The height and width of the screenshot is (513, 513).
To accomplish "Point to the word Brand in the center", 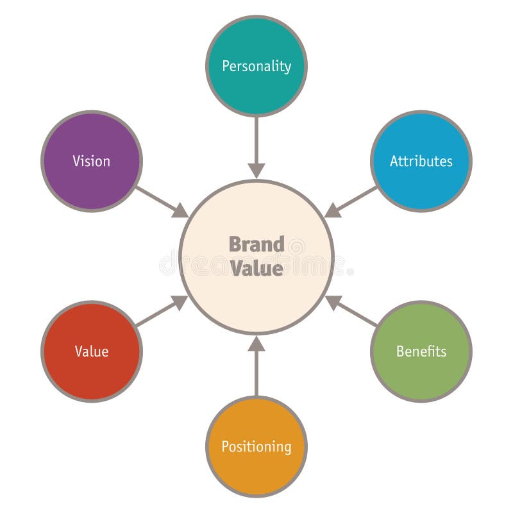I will pyautogui.click(x=256, y=244).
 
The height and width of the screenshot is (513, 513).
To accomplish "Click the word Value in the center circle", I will pyautogui.click(x=256, y=268).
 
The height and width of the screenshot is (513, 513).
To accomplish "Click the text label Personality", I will pyautogui.click(x=256, y=66).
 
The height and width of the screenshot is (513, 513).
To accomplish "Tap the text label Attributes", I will pyautogui.click(x=421, y=161).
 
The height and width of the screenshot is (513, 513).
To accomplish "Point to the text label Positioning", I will pyautogui.click(x=256, y=446).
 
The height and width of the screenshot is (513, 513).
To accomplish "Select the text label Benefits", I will pyautogui.click(x=421, y=351).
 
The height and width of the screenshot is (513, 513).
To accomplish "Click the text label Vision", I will pyautogui.click(x=92, y=161).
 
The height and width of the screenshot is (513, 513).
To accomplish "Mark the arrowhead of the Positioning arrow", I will pyautogui.click(x=256, y=344).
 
